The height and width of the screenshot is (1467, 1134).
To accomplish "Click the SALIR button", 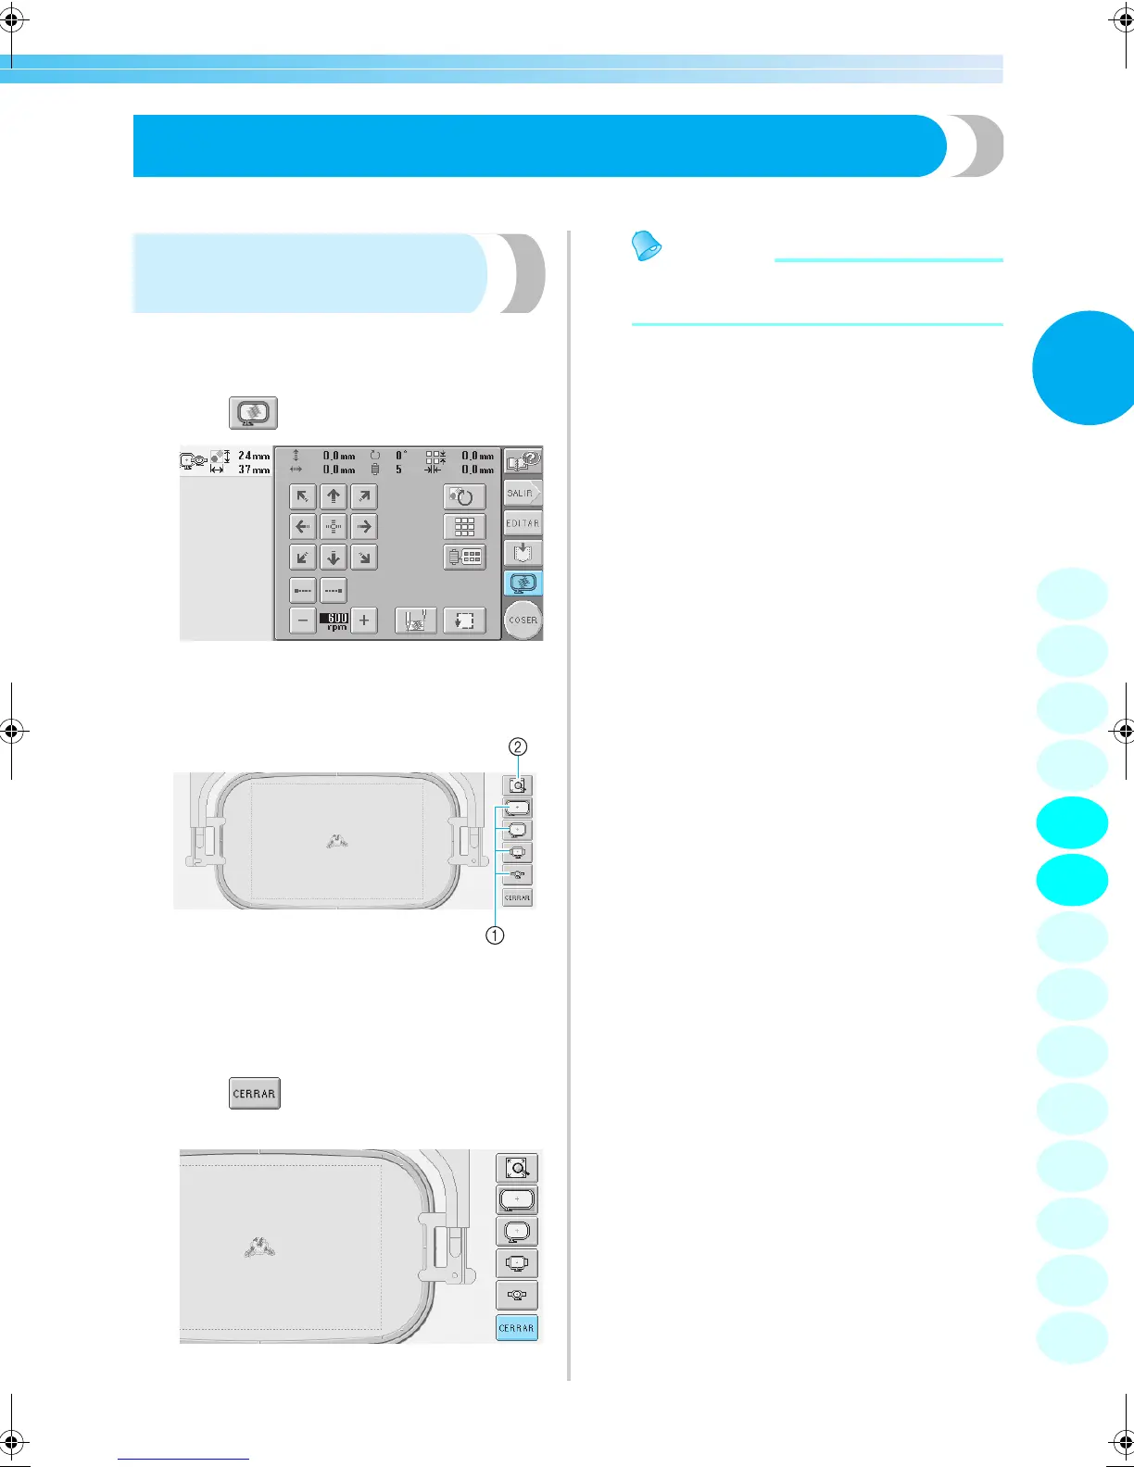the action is tap(522, 494).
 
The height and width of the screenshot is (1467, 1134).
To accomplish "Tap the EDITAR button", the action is tap(523, 523).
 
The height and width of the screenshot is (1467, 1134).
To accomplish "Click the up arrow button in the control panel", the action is tap(334, 496).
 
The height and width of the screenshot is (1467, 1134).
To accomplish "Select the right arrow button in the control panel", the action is tap(364, 527).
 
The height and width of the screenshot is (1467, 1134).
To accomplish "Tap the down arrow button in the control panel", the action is tap(334, 558).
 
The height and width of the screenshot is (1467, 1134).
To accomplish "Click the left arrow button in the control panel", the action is tap(302, 527).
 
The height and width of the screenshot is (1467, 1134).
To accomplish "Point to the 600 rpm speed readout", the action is tap(334, 621).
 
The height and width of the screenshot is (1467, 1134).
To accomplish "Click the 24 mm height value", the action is tap(253, 456).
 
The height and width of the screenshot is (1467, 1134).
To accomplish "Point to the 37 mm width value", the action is tap(253, 470).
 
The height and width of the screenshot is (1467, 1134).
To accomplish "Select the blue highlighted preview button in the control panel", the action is tap(523, 583).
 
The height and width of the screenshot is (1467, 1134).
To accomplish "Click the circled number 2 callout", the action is tap(519, 746).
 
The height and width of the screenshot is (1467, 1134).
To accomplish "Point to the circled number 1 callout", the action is tap(496, 935).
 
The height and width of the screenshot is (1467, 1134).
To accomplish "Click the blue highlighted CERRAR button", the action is tap(517, 1328).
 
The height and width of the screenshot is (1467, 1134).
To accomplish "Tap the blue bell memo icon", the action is tap(647, 246).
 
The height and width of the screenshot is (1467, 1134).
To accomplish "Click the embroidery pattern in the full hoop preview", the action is tap(336, 841).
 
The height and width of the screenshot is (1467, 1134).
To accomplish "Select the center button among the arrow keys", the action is tap(334, 527).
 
